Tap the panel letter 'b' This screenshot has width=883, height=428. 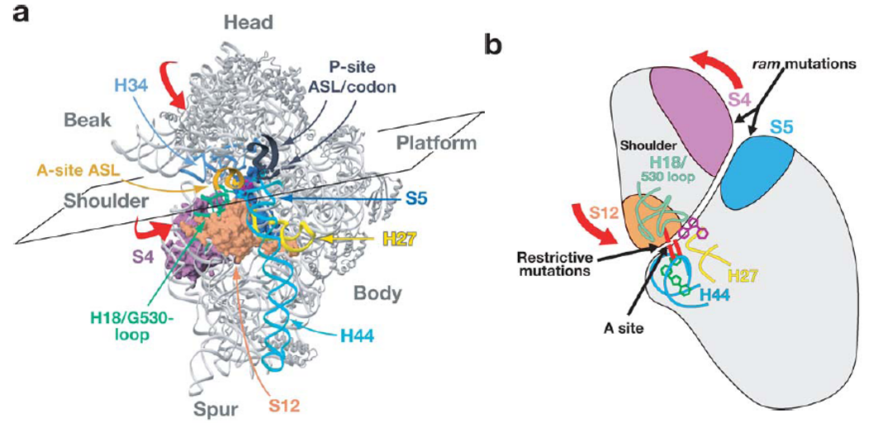(492, 45)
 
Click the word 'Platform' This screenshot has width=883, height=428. (435, 143)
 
